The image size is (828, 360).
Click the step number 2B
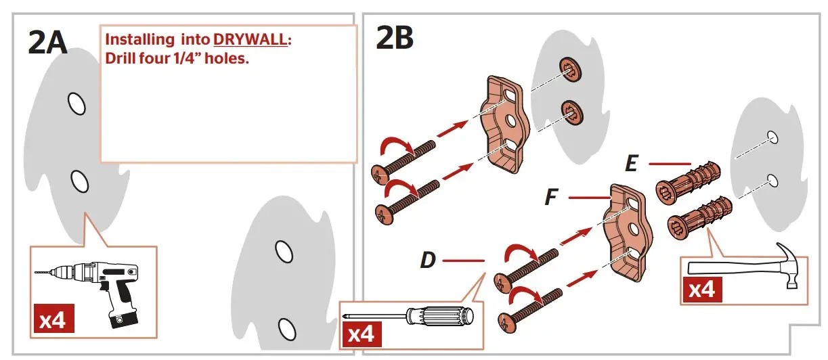pos(394,39)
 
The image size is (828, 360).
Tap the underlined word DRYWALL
pos(250,40)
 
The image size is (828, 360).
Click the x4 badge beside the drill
pos(52,319)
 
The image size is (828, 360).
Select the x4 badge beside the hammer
pos(701,290)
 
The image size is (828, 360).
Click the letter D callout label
pos(427,260)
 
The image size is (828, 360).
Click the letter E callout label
pos(631,164)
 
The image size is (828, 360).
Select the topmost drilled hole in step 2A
pos(76,103)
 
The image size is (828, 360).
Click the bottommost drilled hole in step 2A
pos(287,328)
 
